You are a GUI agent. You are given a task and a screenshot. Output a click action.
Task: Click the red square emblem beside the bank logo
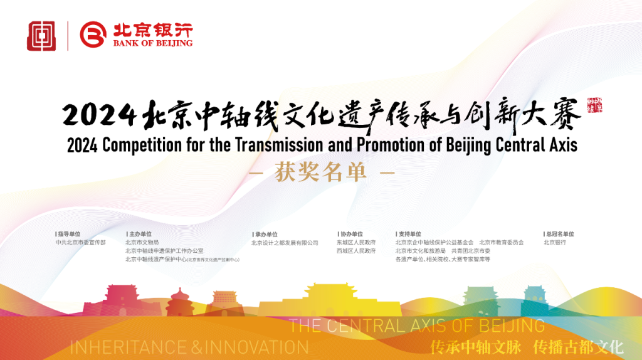(41, 36)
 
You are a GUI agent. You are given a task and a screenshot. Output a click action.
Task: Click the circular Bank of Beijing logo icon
(93, 36)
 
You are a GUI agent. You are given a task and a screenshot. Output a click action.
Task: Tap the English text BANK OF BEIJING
(152, 44)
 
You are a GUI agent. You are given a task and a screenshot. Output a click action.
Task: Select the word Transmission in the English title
(274, 145)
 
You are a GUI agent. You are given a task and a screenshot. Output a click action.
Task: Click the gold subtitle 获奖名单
(320, 173)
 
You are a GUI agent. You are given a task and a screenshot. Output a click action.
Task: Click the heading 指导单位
(70, 234)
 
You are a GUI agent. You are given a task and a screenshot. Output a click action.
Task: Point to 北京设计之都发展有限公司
(285, 243)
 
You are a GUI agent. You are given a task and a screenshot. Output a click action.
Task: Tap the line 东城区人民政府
(356, 242)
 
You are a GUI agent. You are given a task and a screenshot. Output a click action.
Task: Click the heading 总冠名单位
(559, 234)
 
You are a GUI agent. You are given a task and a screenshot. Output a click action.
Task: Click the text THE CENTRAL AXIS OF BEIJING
(418, 326)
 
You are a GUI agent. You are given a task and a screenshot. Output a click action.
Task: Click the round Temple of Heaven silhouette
(177, 300)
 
